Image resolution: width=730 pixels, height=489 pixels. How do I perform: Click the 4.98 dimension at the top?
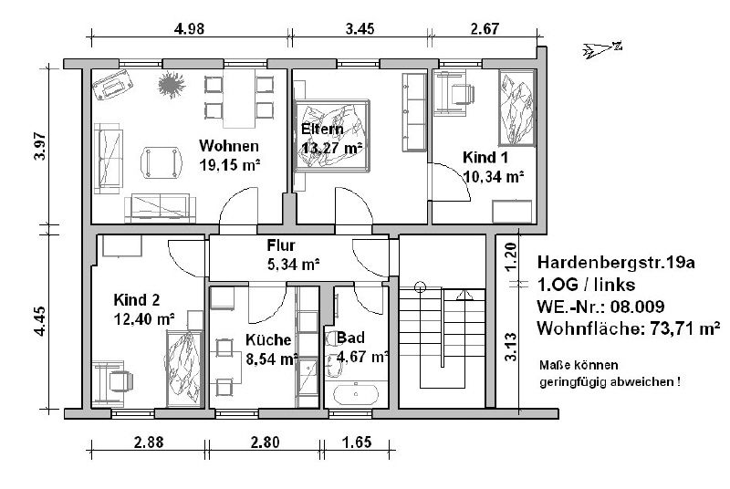(x=189, y=29)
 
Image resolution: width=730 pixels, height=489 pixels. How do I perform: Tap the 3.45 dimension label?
(x=360, y=29)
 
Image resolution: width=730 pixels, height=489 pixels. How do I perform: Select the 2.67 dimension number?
(x=485, y=29)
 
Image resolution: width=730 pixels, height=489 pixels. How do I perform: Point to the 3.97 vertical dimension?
(x=40, y=146)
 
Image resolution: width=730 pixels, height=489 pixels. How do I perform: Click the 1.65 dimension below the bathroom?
(x=357, y=442)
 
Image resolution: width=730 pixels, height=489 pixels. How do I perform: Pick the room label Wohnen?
(x=229, y=146)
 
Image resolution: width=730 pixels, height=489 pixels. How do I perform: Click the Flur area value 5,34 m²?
(x=293, y=265)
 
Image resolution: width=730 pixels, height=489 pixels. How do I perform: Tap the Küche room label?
(x=268, y=339)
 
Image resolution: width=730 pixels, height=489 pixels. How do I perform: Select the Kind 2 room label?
(x=136, y=299)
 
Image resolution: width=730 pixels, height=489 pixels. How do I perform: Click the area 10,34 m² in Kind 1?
(x=494, y=177)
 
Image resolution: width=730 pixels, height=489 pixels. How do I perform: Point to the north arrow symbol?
(x=602, y=49)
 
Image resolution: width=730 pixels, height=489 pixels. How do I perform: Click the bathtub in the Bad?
(x=356, y=393)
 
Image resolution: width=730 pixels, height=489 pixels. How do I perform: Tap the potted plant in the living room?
(x=172, y=85)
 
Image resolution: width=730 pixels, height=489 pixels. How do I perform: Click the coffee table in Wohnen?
(x=162, y=162)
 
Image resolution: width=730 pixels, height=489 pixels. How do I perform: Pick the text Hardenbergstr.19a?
(x=616, y=263)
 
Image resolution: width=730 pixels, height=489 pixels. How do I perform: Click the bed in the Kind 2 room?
(x=184, y=369)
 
